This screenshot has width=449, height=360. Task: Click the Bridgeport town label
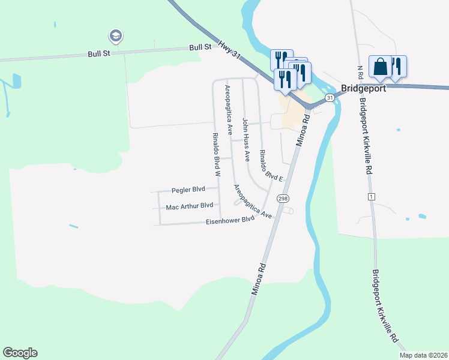pos(363,88)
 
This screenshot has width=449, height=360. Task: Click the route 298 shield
pos(282,198)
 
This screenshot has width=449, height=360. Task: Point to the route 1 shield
pos(372,197)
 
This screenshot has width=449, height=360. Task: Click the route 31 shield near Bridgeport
pos(330,97)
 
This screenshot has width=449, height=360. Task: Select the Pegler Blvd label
pos(188,190)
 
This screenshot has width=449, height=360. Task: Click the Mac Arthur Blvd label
pos(190,205)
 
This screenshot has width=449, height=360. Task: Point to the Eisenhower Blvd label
pos(230,220)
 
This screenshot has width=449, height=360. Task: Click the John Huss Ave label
pos(246,139)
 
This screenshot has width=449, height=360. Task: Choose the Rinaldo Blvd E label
pos(271,165)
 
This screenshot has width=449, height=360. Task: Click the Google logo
pos(20,353)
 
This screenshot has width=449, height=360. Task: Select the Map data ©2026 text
pos(423,355)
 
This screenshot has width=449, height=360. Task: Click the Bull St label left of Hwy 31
pos(200,47)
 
